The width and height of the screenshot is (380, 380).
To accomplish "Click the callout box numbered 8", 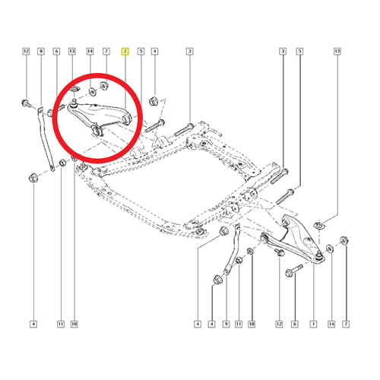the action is point(41,52).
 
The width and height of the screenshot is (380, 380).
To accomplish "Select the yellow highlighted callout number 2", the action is point(125,52).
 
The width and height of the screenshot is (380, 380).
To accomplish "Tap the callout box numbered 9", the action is point(226,324).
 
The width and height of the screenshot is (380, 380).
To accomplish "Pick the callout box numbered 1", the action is point(313,324).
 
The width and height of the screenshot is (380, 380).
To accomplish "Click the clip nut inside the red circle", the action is point(74,90).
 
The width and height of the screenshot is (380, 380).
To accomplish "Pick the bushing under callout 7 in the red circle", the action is point(104,86).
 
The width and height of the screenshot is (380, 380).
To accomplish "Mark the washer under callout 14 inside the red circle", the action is point(92,91).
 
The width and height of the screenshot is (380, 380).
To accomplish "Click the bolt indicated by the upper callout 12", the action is point(26,103).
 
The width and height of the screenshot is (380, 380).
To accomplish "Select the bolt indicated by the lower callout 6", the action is point(294,271).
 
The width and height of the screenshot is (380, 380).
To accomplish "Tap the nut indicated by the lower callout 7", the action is point(344,240).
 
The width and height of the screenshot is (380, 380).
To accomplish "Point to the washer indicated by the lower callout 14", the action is point(330,249).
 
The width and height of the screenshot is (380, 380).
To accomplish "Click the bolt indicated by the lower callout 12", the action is point(279,252).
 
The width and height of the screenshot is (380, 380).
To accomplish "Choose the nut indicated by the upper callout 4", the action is point(153,101).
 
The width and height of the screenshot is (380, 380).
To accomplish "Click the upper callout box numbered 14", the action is point(90,52).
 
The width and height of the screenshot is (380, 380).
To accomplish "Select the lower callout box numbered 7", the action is point(346,324).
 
